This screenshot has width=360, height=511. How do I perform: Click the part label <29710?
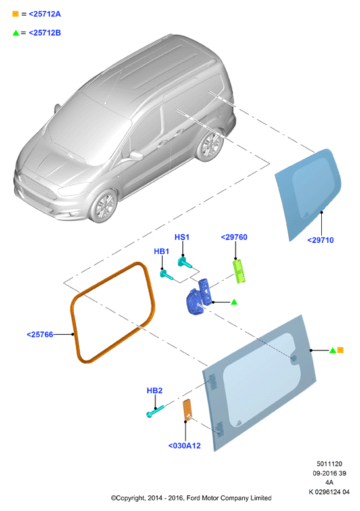321,240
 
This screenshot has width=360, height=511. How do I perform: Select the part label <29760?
234,237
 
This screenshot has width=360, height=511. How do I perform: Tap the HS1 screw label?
182,237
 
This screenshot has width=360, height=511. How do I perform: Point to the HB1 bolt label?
161,251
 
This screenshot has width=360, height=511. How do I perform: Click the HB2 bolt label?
155,391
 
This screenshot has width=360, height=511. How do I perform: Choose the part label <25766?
39,335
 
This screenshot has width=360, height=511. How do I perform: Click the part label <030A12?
184,445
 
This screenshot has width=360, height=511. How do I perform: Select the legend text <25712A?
45,14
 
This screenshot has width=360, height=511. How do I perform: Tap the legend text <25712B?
45,33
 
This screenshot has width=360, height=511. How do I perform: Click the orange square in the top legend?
15,14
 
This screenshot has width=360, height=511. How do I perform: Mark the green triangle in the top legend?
16,33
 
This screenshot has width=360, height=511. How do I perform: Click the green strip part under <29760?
239,271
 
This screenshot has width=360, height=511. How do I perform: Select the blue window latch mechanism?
199,297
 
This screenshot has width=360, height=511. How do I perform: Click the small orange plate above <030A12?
187,409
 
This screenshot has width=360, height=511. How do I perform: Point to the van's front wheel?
103,206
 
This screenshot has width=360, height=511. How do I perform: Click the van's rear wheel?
211,146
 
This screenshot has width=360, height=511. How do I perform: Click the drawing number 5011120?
329,464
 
